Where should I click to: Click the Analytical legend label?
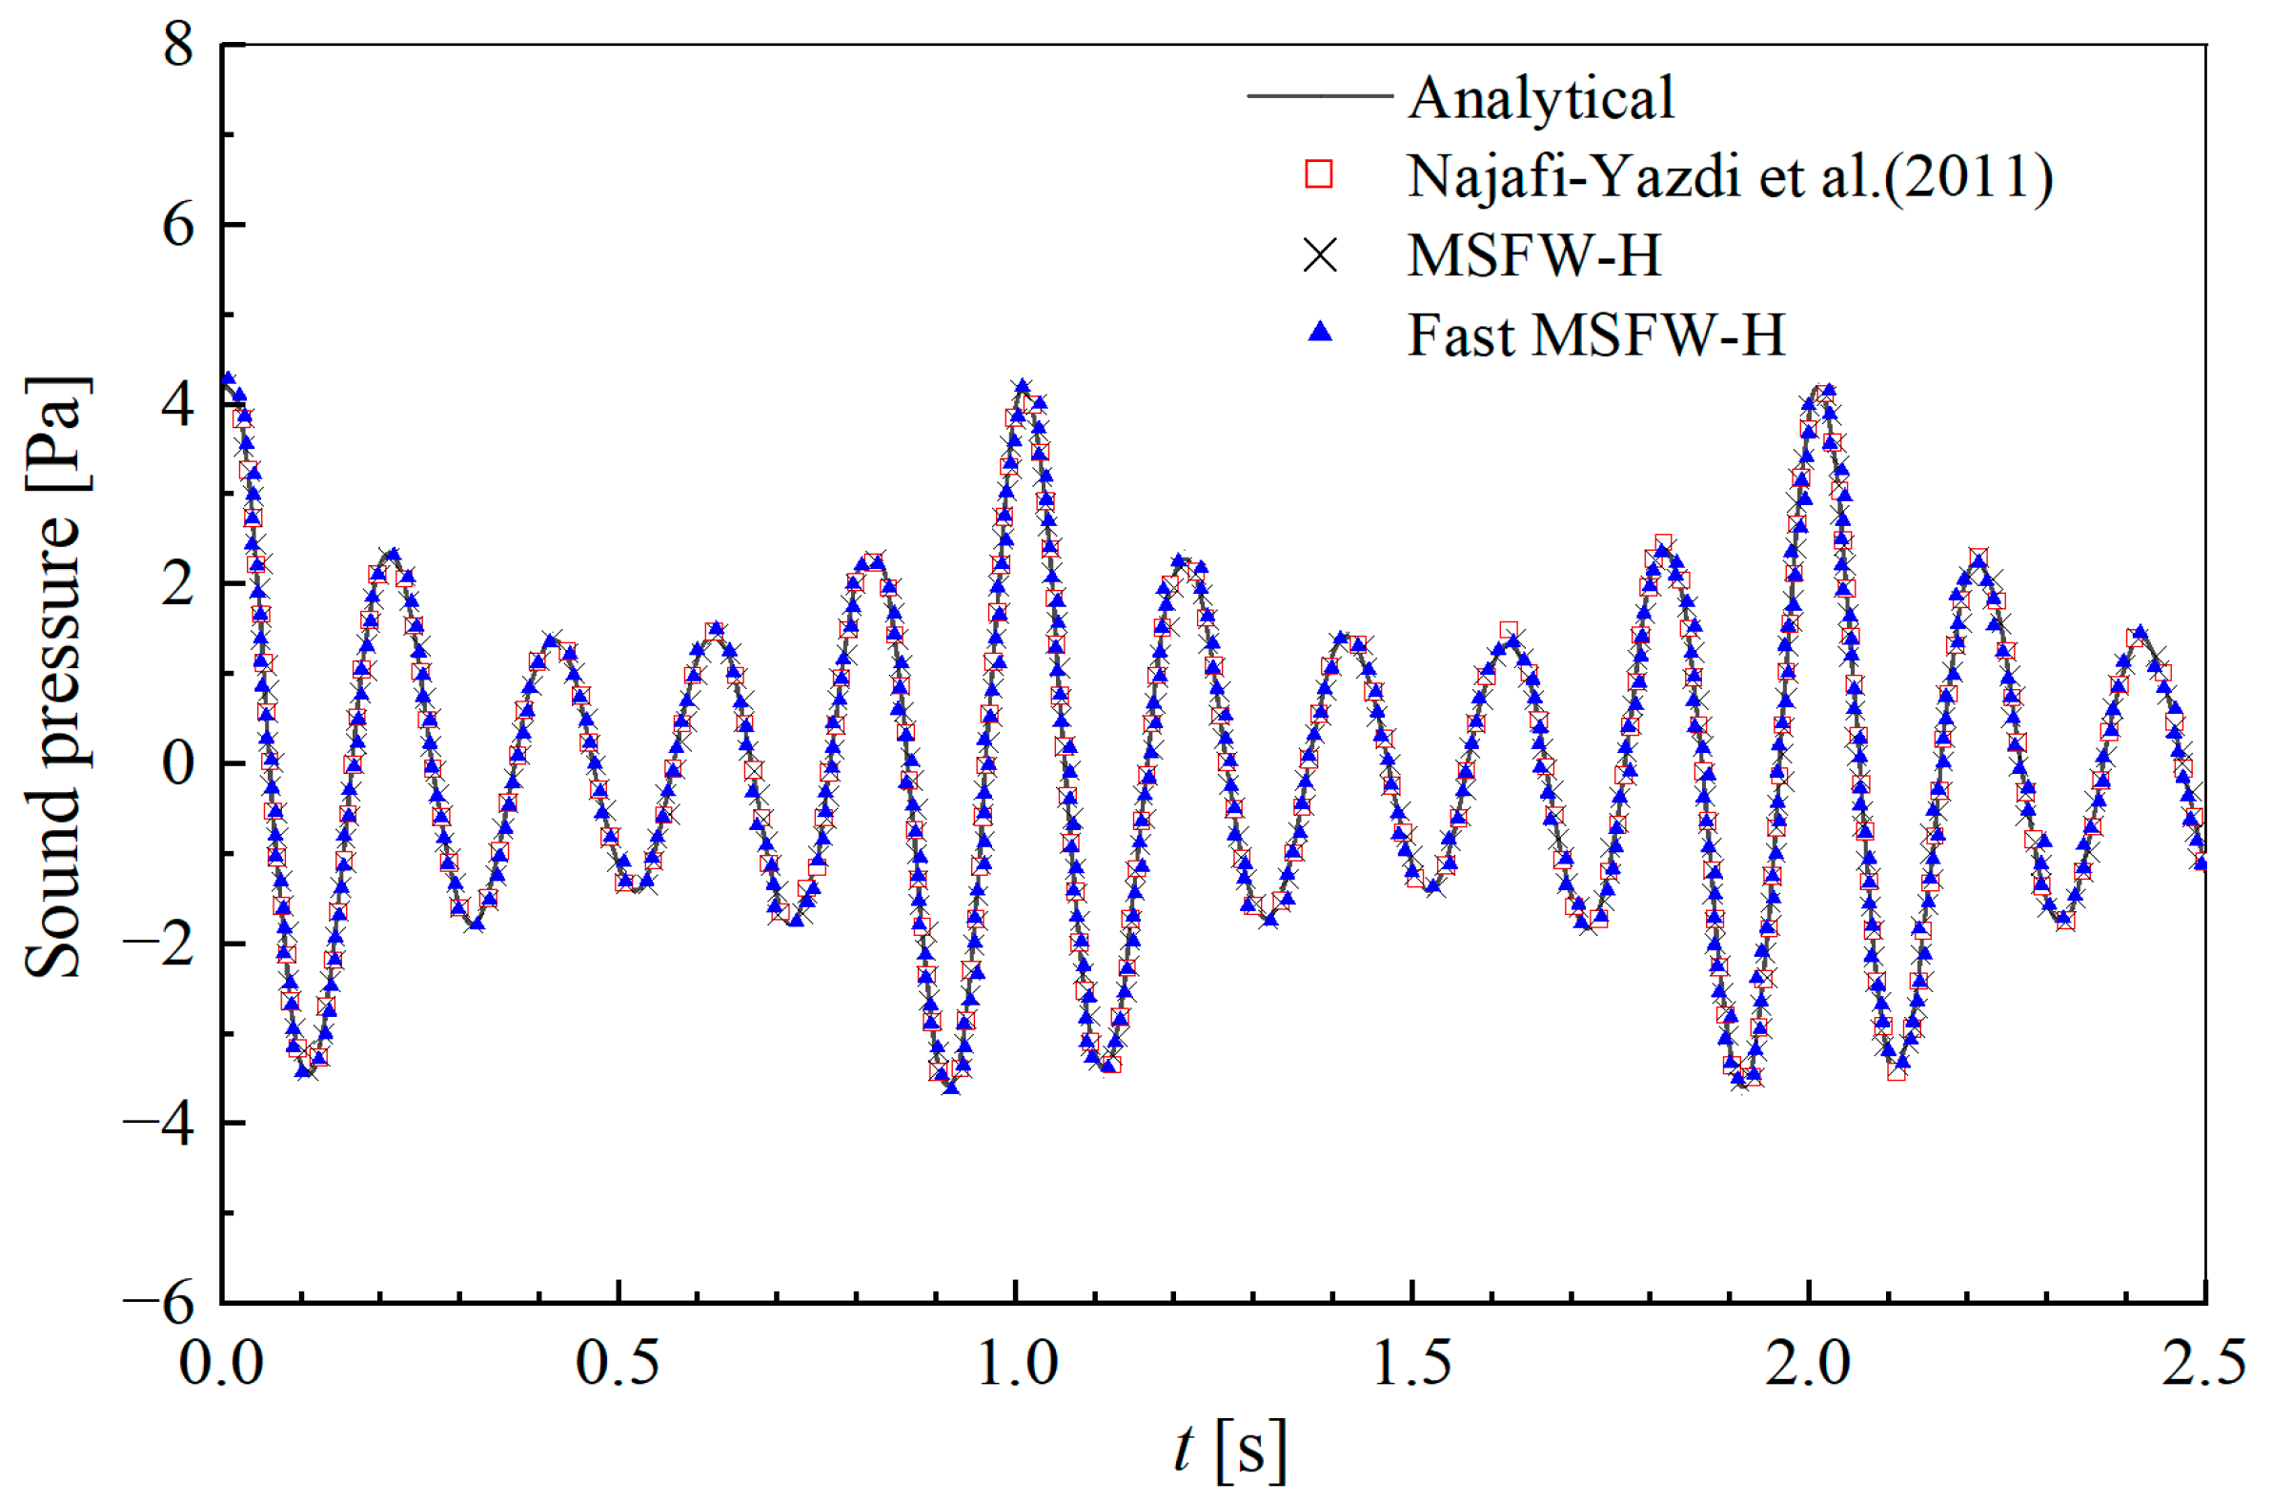[x=1541, y=98]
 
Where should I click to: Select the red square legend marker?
[x=1319, y=174]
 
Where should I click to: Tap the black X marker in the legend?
[x=1320, y=256]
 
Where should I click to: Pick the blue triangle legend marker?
[x=1320, y=333]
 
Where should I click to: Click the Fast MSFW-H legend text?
[x=1595, y=335]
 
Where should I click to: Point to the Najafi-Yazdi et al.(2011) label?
[x=1730, y=177]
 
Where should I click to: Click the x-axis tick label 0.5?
[x=618, y=1363]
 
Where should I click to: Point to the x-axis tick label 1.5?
[x=1410, y=1363]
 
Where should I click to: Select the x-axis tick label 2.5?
[x=2204, y=1363]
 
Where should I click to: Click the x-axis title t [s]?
[x=1229, y=1449]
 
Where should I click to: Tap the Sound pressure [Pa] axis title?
[x=54, y=676]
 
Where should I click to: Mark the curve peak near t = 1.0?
[x=1024, y=386]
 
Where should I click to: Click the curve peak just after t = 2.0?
[x=1826, y=389]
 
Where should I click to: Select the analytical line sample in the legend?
[x=1319, y=96]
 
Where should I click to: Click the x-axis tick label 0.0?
[x=221, y=1363]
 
